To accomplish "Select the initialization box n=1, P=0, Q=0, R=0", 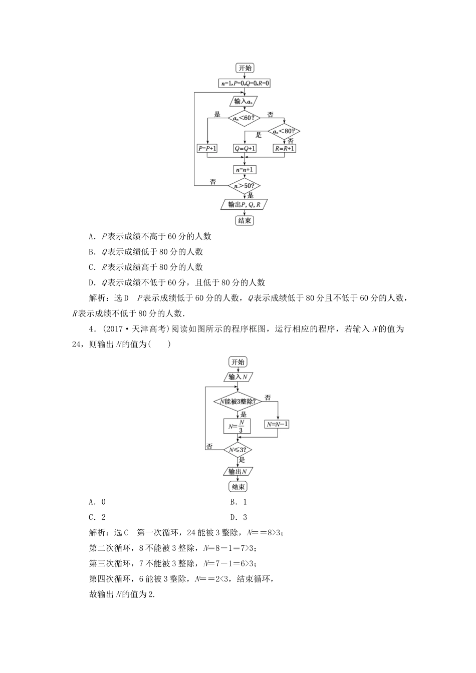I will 245,84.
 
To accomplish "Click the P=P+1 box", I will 207,149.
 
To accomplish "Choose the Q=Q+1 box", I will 245,149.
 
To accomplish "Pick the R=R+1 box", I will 284,149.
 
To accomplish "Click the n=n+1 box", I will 245,170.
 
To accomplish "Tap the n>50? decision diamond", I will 245,186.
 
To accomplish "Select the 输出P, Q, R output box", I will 244,204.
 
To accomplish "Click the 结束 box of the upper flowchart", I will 245,220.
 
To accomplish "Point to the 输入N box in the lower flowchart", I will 238,377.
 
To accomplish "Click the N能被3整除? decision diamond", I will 237,402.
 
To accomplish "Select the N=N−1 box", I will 277,424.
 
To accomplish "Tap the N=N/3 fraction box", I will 237,426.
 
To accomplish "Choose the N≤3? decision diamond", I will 237,450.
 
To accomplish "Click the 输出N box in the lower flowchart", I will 237,471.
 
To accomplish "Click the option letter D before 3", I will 233,517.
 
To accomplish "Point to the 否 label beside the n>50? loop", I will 213,182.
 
